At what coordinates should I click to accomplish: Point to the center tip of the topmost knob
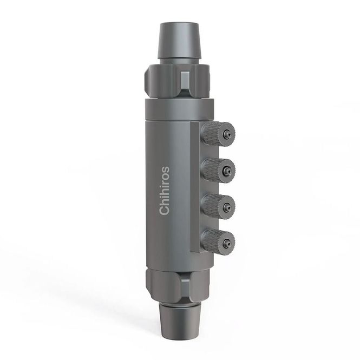tap(228, 134)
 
